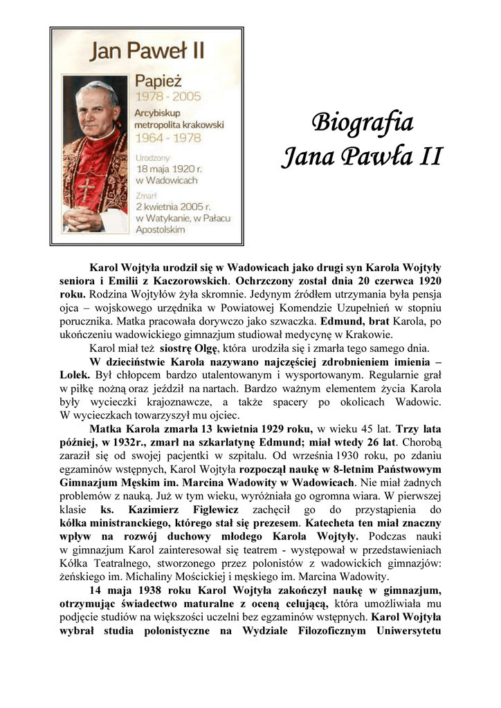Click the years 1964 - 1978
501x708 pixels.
[x=168, y=137]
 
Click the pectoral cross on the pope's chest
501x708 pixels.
[x=86, y=189]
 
